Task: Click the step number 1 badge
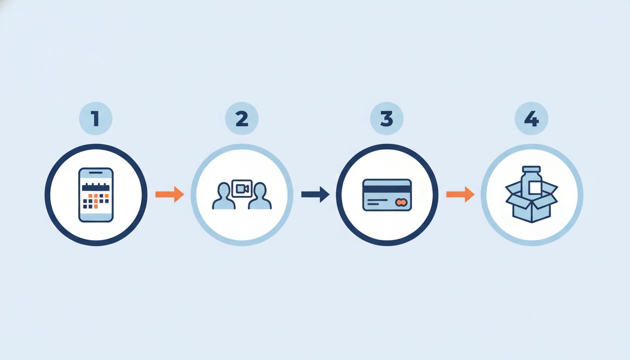[x=96, y=119]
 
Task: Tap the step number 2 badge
[x=242, y=119]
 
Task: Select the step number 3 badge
[x=387, y=119]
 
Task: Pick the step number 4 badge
[x=532, y=119]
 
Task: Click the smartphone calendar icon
[x=96, y=195]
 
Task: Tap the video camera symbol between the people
[x=242, y=188]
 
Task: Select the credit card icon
[x=387, y=195]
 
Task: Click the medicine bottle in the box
[x=531, y=181]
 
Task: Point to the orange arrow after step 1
[x=170, y=195]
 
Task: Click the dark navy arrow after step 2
[x=315, y=195]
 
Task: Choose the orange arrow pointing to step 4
[x=460, y=195]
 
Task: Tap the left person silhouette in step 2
[x=224, y=196]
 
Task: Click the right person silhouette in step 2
[x=260, y=196]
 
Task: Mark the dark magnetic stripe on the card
[x=387, y=189]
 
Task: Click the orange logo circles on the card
[x=401, y=202]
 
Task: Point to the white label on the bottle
[x=535, y=187]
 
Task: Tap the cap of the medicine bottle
[x=531, y=169]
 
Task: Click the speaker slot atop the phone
[x=96, y=172]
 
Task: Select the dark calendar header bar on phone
[x=96, y=187]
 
